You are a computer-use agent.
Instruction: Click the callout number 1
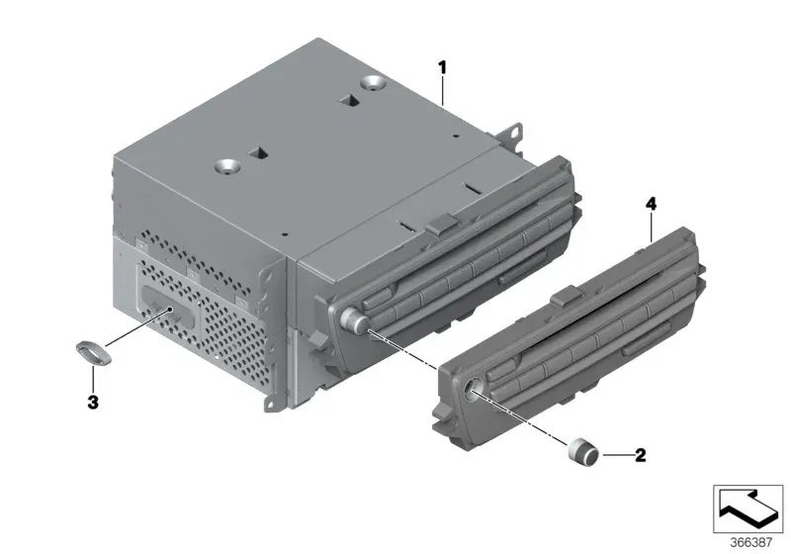[442, 67]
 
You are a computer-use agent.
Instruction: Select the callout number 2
[640, 456]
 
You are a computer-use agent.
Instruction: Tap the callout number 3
[93, 403]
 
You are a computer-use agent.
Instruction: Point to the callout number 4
[652, 205]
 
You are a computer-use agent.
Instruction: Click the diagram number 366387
[751, 543]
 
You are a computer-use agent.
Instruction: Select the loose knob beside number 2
[583, 449]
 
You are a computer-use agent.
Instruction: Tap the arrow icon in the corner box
[747, 508]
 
